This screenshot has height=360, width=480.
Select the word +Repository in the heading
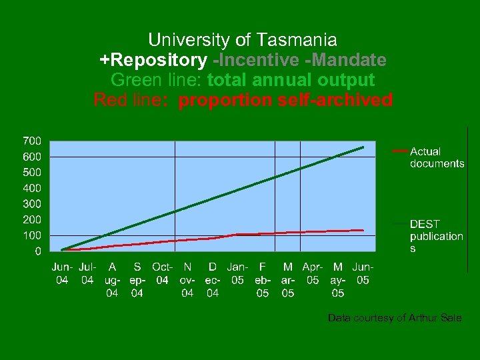pyautogui.click(x=153, y=60)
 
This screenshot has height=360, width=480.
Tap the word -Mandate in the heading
pyautogui.click(x=346, y=60)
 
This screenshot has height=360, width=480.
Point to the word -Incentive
pyautogui.click(x=257, y=60)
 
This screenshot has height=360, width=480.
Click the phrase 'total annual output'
pyautogui.click(x=291, y=80)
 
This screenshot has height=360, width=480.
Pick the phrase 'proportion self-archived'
pyautogui.click(x=285, y=100)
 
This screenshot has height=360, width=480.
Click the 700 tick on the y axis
pyautogui.click(x=32, y=141)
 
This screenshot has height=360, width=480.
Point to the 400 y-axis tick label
pyautogui.click(x=32, y=188)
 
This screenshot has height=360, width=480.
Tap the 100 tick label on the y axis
pyautogui.click(x=32, y=235)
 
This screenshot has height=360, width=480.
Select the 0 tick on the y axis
pyautogui.click(x=37, y=251)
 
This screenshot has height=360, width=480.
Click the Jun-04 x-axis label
pyautogui.click(x=62, y=273)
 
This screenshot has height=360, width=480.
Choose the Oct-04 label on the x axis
pyautogui.click(x=162, y=273)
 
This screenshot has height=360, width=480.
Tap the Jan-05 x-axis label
pyautogui.click(x=237, y=273)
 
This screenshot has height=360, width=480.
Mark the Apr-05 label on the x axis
pyautogui.click(x=313, y=273)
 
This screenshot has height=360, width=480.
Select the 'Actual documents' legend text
pyautogui.click(x=437, y=157)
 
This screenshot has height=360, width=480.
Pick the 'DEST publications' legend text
pyautogui.click(x=436, y=236)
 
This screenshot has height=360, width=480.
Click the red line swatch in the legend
pyautogui.click(x=400, y=151)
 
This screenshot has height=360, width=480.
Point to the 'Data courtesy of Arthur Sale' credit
pyautogui.click(x=394, y=318)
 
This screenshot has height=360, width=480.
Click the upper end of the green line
pyautogui.click(x=363, y=147)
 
